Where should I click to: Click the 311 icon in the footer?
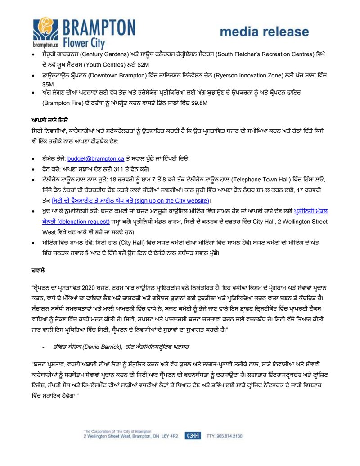193,436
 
